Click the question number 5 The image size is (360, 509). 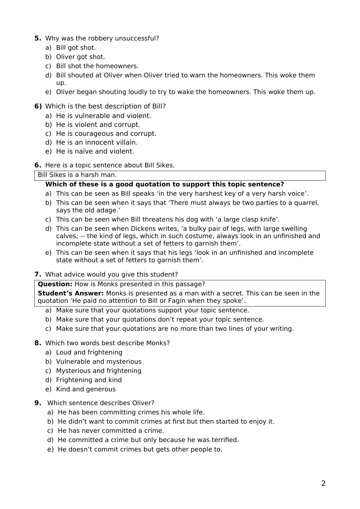pyautogui.click(x=38, y=38)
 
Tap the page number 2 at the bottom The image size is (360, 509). pyautogui.click(x=323, y=483)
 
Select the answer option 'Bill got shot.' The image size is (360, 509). pyautogui.click(x=75, y=47)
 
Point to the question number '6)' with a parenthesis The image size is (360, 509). pyautogui.click(x=38, y=106)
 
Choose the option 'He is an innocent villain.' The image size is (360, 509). pyautogui.click(x=96, y=142)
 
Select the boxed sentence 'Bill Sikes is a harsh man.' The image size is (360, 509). pyautogui.click(x=77, y=175)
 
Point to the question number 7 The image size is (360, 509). pyautogui.click(x=38, y=274)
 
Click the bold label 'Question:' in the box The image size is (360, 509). pyautogui.click(x=55, y=284)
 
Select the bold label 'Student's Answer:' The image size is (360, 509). pyautogui.click(x=71, y=293)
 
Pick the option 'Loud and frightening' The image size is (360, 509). pyautogui.click(x=89, y=352)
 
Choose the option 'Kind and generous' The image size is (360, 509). pyautogui.click(x=86, y=389)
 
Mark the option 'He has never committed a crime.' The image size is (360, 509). pyautogui.click(x=111, y=431)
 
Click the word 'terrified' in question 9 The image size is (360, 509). pyautogui.click(x=224, y=440)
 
